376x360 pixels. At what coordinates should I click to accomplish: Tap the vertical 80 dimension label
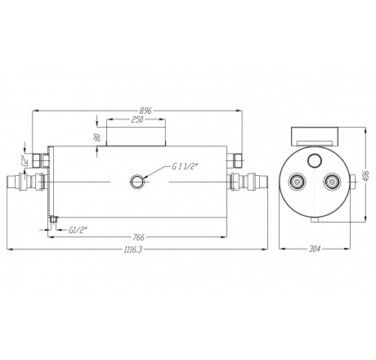99,137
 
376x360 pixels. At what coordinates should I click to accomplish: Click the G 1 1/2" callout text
186,167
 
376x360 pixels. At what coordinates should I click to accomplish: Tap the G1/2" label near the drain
80,228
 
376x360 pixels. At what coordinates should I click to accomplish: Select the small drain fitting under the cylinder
53,218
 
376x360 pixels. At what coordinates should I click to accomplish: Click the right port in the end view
331,182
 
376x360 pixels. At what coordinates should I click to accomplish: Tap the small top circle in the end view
316,159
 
